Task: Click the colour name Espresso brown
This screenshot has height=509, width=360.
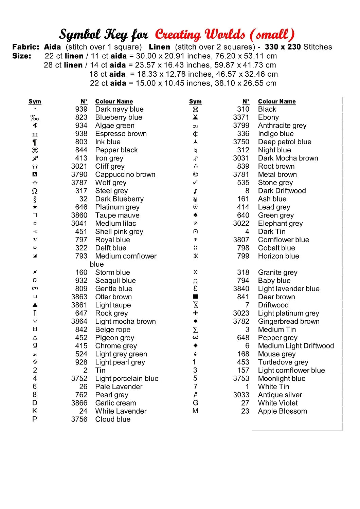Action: (121, 134)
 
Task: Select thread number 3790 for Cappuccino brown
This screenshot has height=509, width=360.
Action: (79, 174)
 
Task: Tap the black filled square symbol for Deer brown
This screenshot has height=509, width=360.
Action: (196, 297)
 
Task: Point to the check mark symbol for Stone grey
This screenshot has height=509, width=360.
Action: (195, 183)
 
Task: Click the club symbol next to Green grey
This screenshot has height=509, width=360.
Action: (195, 215)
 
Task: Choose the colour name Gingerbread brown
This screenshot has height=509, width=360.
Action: (289, 321)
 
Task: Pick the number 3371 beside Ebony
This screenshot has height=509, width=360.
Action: (241, 117)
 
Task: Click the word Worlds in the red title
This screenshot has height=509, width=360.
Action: (225, 35)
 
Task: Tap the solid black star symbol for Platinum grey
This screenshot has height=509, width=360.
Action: (35, 207)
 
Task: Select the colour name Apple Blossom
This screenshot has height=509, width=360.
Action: (282, 411)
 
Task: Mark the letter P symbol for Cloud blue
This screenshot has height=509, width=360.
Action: (35, 419)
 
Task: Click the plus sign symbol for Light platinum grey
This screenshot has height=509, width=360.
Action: (195, 313)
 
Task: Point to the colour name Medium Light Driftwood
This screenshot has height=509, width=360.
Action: (296, 346)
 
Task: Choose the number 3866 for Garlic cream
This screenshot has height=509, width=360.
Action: (79, 403)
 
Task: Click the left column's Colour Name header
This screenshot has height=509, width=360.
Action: (114, 101)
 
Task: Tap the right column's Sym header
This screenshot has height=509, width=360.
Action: (195, 101)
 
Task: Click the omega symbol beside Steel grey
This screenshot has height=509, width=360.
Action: (35, 191)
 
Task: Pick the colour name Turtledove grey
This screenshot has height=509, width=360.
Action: (283, 362)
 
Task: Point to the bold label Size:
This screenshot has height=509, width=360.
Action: (22, 56)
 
